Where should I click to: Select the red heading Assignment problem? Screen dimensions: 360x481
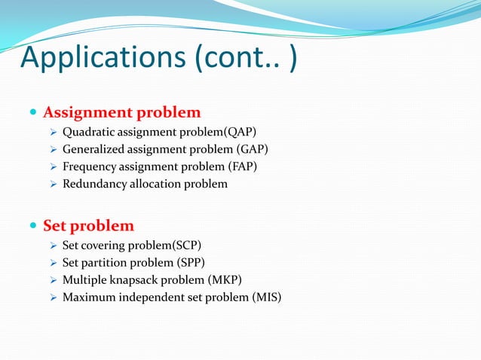coord(122,113)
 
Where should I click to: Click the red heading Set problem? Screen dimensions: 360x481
coord(89,226)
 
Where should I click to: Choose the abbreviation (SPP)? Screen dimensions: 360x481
coord(188,263)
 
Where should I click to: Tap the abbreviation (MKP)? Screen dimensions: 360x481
coord(225,280)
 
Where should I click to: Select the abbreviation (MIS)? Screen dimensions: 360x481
coord(265,297)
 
